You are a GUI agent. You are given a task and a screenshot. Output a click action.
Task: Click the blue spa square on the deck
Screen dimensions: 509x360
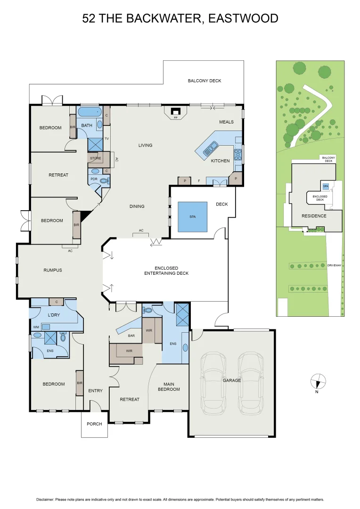pos(192,217)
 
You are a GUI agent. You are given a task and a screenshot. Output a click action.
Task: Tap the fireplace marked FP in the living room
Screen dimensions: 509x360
pos(175,112)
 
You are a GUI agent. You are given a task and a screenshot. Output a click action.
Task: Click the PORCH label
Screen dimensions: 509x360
pos(94,424)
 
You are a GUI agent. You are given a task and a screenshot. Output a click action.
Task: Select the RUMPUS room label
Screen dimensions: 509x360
pos(53,270)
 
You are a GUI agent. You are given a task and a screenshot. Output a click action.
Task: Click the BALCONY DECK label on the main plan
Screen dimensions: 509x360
pos(205,81)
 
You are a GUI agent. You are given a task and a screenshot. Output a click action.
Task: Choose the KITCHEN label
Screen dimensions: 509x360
pos(220,161)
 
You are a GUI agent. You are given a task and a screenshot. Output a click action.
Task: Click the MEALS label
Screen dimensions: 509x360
pos(226,122)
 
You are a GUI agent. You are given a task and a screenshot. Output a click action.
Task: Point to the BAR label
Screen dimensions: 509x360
pos(132,336)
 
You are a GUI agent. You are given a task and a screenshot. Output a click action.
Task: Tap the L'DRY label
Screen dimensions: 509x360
pos(53,315)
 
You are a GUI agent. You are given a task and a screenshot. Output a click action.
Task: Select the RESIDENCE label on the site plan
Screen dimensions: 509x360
pos(314,216)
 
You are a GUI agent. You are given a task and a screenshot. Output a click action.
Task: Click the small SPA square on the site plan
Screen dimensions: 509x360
pos(326,187)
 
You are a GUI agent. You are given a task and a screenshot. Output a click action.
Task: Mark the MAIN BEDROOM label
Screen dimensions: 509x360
pos(169,386)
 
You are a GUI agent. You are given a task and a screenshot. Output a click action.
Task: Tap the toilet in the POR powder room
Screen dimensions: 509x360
pos(104,180)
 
